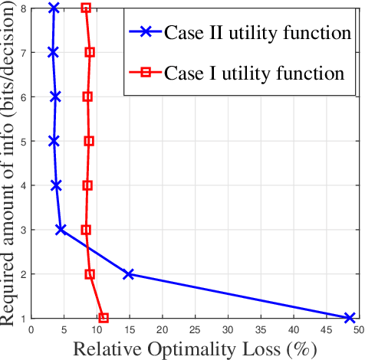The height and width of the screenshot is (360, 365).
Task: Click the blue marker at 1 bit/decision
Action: (350, 318)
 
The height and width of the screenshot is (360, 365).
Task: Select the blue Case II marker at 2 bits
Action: (129, 274)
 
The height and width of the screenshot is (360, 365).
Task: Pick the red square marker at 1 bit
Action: (104, 318)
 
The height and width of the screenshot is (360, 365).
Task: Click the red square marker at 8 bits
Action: (86, 8)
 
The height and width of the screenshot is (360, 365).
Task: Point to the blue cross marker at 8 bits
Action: (53, 8)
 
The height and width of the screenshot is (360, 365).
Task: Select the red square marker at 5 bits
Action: (89, 141)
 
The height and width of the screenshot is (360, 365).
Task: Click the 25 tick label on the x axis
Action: (195, 330)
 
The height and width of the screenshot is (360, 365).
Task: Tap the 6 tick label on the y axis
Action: (23, 97)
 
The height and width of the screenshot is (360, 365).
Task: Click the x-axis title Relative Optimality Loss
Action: (195, 349)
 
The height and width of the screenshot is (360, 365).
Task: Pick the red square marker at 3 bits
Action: (86, 230)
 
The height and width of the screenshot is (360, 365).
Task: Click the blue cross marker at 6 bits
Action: (55, 97)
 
